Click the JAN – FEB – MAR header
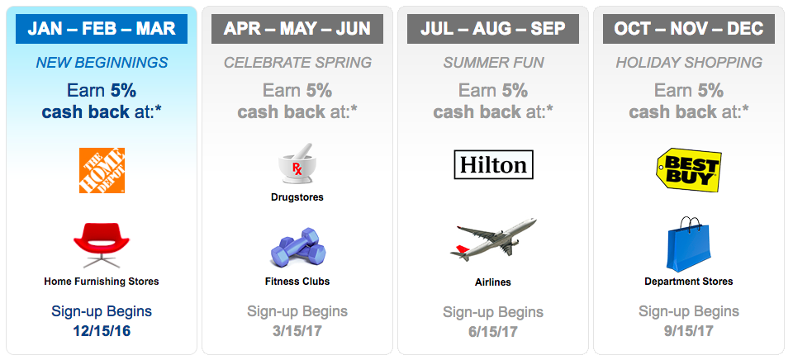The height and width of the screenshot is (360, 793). (x=102, y=28)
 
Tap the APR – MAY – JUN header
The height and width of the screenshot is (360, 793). (x=297, y=28)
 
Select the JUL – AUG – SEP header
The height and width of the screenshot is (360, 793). (x=493, y=28)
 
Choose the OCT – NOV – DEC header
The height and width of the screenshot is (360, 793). (x=689, y=28)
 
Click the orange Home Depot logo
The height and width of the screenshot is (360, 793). (x=102, y=170)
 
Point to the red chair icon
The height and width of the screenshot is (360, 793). (x=102, y=245)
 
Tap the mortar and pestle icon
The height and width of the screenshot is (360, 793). (x=297, y=163)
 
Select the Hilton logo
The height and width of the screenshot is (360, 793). (x=493, y=165)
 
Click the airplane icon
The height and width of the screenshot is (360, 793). (x=493, y=240)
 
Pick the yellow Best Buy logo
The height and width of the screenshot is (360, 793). (x=689, y=170)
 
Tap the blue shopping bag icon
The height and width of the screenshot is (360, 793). (x=688, y=244)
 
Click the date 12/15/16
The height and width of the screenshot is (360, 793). (x=102, y=331)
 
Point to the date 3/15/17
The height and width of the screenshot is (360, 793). (x=297, y=331)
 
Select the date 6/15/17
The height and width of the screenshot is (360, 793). (x=493, y=332)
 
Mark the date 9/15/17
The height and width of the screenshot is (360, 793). (x=689, y=331)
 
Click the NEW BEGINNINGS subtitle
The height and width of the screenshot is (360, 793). (x=102, y=63)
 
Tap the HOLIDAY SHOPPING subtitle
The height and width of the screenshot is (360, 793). (x=689, y=63)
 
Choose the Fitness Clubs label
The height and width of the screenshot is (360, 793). (x=297, y=281)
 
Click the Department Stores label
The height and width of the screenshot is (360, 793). (x=689, y=282)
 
